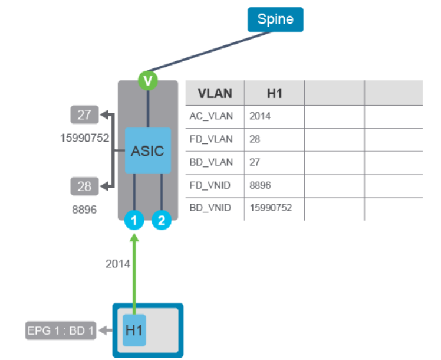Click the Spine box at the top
pos(275,19)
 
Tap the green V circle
pos(147,80)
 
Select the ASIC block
pos(147,150)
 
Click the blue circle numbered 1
pos(134,221)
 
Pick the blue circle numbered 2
pos(162,221)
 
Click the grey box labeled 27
pos(84,114)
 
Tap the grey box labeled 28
pos(84,186)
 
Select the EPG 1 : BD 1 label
pos(60,330)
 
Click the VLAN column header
pos(215,93)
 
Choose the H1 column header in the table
pos(274,93)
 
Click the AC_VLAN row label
pos(211,116)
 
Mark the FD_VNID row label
pos(211,185)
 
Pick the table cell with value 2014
pos(260,116)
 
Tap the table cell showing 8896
pos(260,185)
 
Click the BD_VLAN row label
pos(211,162)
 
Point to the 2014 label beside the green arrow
pos(117,264)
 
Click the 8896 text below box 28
pos(84,210)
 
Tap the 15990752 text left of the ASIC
pos(84,138)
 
